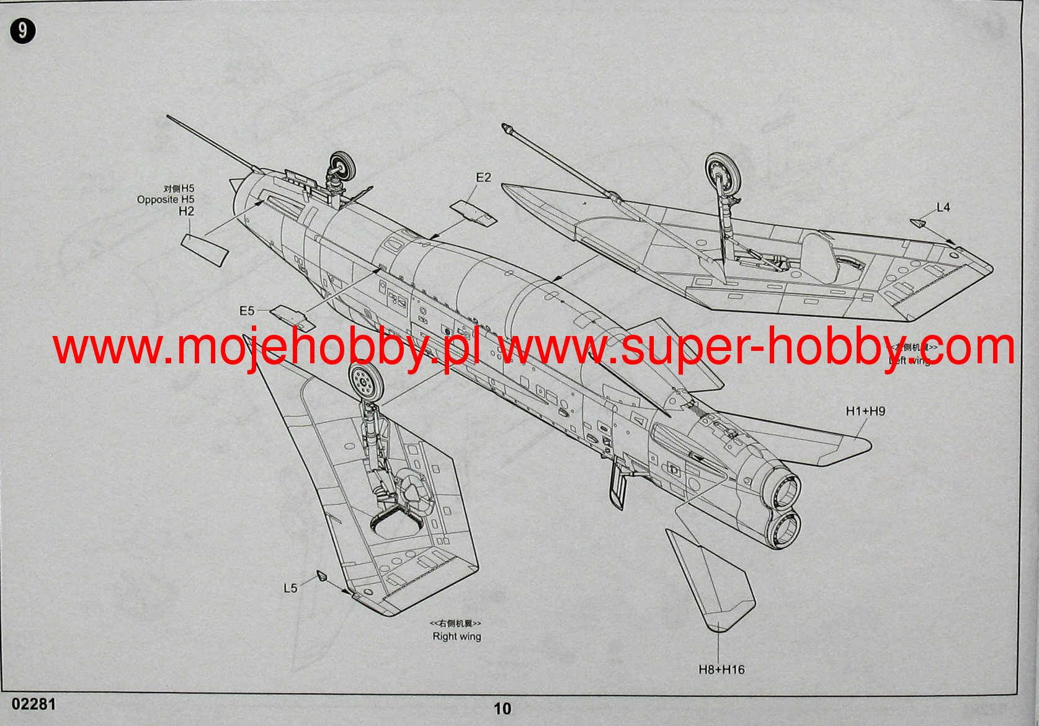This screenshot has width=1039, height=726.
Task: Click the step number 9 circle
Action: coord(23,31)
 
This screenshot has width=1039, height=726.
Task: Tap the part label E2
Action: coord(483,178)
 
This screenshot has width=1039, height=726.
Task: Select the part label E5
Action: coord(247,310)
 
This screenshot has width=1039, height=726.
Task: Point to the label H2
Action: coord(186,211)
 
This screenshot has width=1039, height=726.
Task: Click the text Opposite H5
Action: coord(166,200)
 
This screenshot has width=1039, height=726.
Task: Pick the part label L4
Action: coord(943,208)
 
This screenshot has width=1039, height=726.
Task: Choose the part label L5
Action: coord(290,588)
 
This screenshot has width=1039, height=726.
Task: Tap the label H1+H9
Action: coord(865,411)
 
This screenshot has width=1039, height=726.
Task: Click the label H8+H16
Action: coord(721,670)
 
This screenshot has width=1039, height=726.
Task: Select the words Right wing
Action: coord(457,636)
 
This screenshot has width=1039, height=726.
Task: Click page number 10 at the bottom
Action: coord(502,709)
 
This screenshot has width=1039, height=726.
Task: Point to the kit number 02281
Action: coord(33,704)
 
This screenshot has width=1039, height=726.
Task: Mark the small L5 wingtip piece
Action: coord(323,576)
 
